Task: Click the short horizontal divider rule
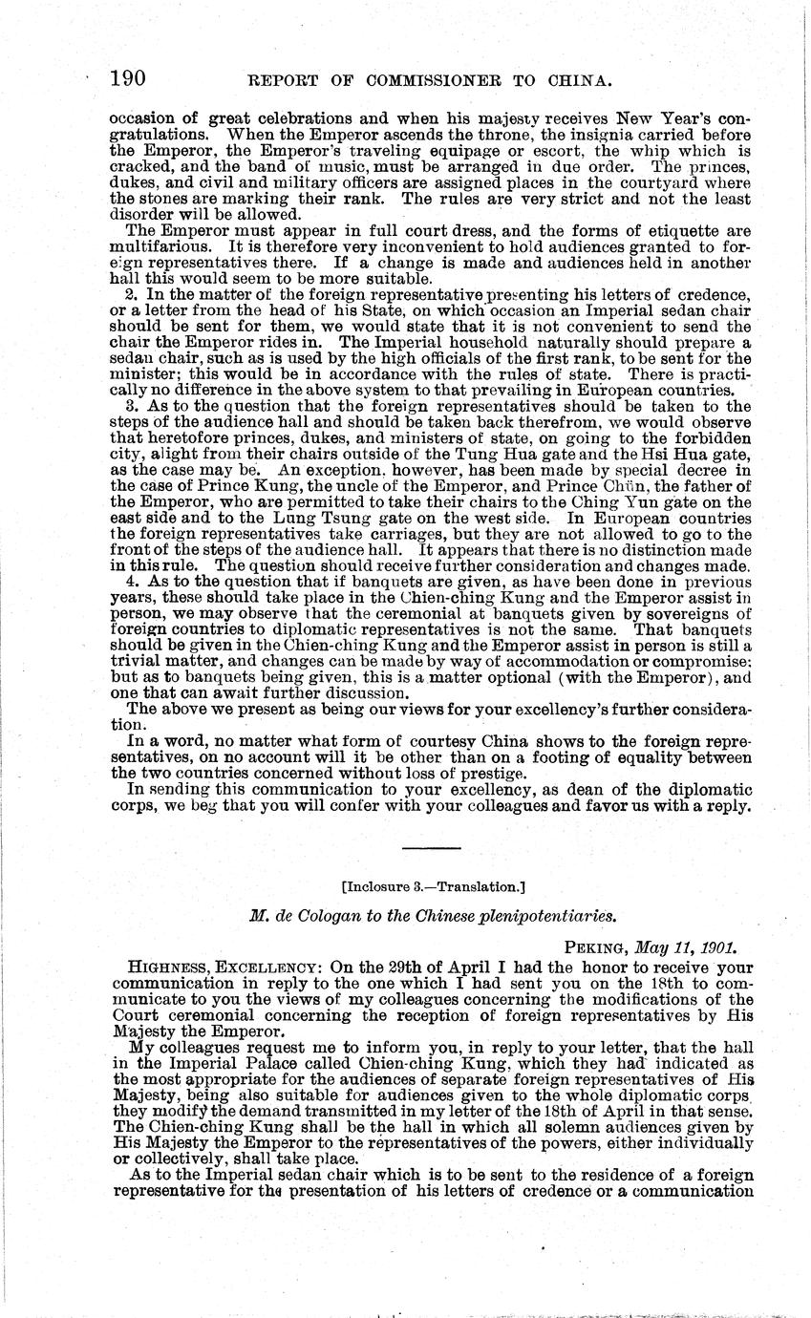click(x=432, y=847)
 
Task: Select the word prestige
click(x=493, y=773)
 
